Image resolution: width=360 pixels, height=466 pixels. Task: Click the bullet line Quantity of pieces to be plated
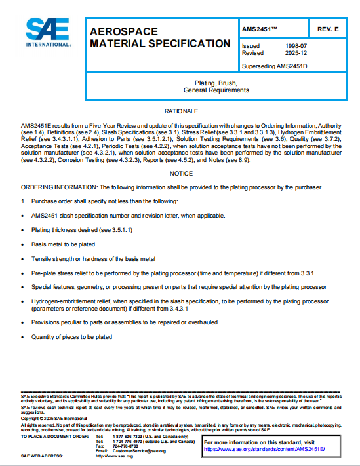pyautogui.click(x=71, y=337)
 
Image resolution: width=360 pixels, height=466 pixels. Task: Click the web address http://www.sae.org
pyautogui.click(x=114, y=456)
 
